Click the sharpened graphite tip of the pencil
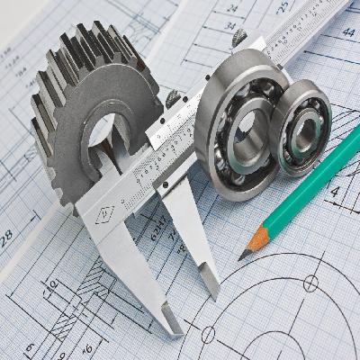click(240, 256)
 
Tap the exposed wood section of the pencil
click(256, 242)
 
